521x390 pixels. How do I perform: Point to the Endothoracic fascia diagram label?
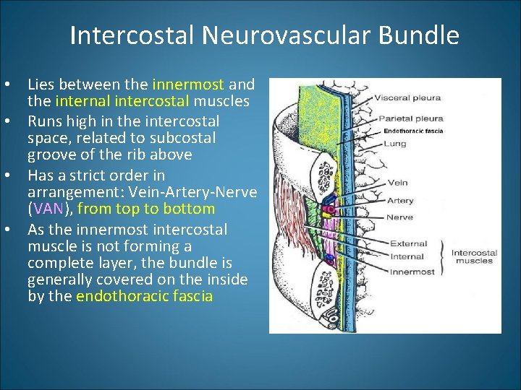coord(413,131)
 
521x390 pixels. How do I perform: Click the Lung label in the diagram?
coord(395,144)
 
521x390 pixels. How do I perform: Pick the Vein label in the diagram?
coord(397,183)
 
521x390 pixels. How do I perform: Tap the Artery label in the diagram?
coord(400,200)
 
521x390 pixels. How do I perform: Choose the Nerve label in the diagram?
coord(399,217)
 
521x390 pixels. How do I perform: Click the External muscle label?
coord(408,243)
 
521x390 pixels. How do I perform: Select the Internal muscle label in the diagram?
coord(407,257)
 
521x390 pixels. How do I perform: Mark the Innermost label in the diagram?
coord(412,272)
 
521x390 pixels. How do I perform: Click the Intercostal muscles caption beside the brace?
coord(473,257)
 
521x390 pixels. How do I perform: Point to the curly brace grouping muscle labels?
coord(443,257)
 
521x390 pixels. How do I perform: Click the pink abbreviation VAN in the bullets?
coord(48,209)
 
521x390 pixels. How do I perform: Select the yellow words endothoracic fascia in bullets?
coord(144,296)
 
